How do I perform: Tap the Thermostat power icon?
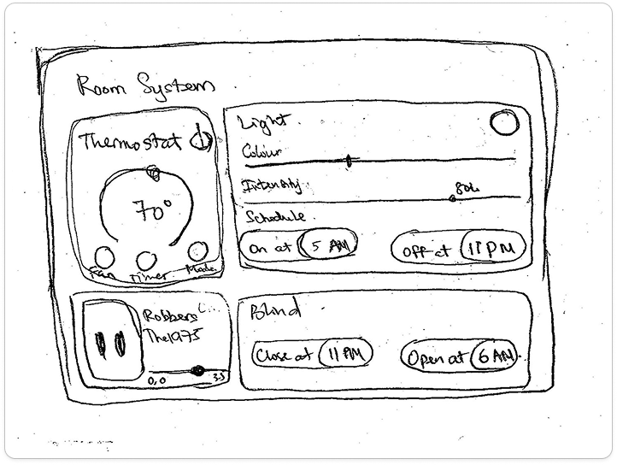[203, 139]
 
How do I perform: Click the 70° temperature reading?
[152, 209]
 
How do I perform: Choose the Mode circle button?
[197, 250]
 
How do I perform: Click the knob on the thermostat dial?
[154, 174]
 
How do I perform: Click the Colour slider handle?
[349, 160]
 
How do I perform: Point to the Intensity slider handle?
[452, 199]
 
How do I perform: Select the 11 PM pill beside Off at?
[490, 250]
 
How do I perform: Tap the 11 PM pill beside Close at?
[345, 354]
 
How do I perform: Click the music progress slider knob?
[197, 371]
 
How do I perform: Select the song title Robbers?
[169, 316]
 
